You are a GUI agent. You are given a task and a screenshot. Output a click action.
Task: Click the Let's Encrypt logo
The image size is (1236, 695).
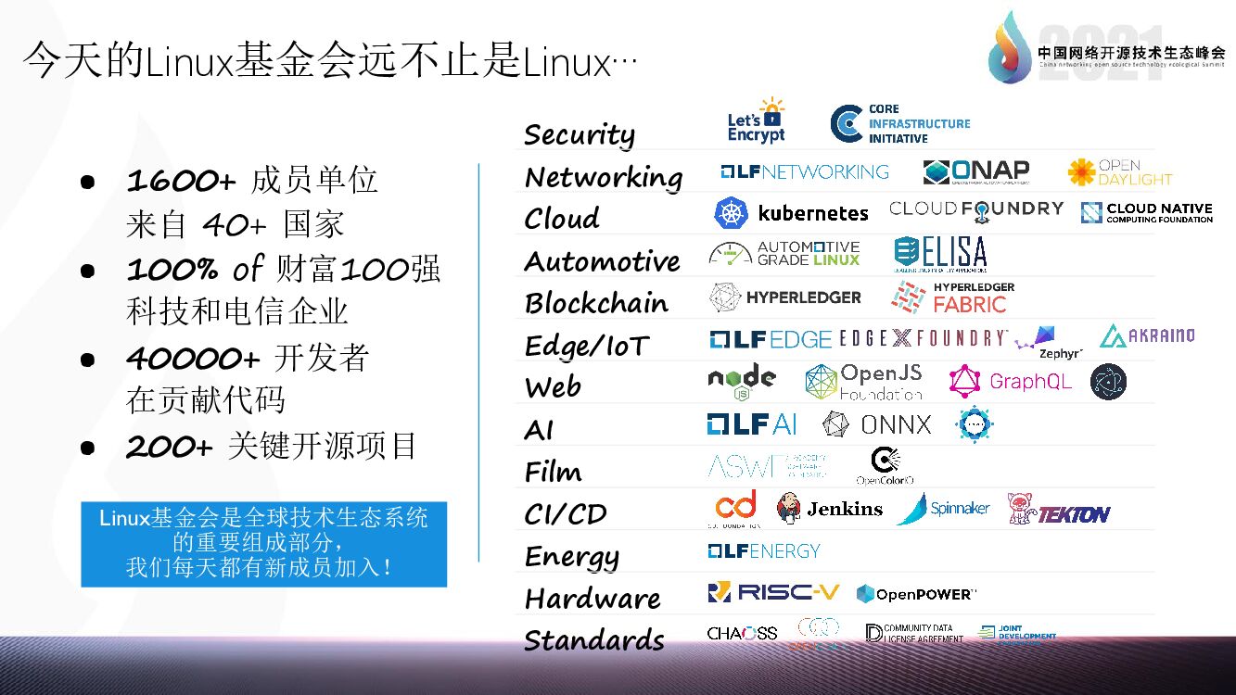coord(756,121)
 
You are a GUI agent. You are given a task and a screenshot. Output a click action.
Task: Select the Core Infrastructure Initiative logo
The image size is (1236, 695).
coord(899,124)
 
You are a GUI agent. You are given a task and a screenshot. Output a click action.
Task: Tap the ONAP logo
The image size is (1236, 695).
coord(976,171)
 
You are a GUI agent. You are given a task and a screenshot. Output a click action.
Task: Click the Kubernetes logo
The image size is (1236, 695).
coord(791,213)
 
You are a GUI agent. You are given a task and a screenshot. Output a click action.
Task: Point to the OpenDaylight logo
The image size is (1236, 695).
coord(1119,172)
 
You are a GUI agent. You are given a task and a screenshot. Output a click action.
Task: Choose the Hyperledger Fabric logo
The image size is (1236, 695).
coord(952,297)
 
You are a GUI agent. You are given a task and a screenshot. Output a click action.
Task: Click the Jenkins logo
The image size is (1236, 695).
coord(830,509)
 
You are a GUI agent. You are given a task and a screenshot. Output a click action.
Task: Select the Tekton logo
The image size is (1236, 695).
coord(1059,511)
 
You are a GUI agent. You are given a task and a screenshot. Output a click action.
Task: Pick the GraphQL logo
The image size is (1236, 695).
coord(1011,381)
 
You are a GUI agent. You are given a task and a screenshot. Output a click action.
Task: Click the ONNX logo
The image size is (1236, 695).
coord(876,424)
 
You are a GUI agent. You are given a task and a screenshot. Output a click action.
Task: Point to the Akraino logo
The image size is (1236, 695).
coord(1147,335)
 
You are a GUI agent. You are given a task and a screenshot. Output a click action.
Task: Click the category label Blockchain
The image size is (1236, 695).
coord(596,303)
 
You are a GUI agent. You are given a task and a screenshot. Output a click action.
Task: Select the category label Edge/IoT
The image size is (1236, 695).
coord(587,346)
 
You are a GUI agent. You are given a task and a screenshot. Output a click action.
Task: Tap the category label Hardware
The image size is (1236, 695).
coord(593,599)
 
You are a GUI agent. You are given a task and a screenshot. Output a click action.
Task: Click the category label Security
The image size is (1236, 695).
coord(580,135)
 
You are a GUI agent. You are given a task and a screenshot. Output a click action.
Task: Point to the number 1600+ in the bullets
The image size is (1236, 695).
coord(181,181)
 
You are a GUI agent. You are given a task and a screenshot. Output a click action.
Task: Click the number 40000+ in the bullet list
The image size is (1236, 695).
coord(193,358)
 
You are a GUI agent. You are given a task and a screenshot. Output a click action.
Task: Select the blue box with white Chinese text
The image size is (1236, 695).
coord(263,544)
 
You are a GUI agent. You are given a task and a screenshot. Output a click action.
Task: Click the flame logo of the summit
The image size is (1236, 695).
coord(1009,46)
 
